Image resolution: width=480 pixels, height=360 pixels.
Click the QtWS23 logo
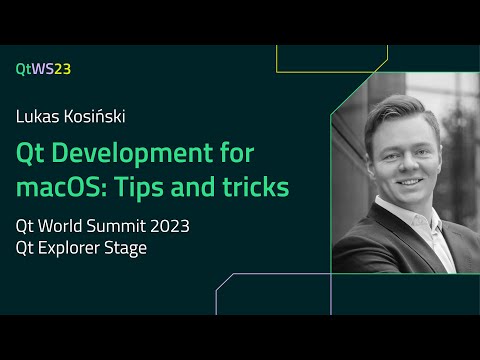point(43,69)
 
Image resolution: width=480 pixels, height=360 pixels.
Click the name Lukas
point(36,116)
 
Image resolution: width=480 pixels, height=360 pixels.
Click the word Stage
point(127,248)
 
